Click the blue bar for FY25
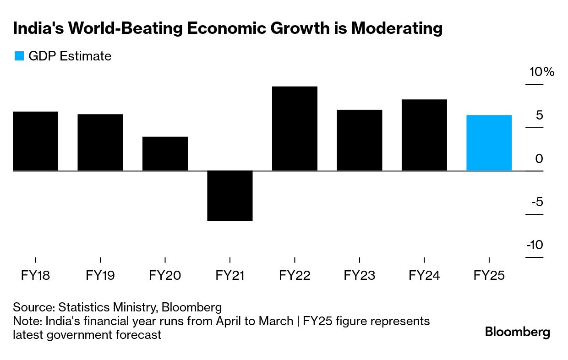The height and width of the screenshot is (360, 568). (489, 143)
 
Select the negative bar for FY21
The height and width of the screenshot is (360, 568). (230, 196)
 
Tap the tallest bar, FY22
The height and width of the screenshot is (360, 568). (295, 129)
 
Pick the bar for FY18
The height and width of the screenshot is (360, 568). (35, 141)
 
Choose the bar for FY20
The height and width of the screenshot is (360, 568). (165, 154)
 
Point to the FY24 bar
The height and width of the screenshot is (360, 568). (424, 135)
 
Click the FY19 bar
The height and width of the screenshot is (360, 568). (100, 142)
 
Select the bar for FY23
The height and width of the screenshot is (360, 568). (359, 140)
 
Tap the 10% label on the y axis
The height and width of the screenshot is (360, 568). (542, 72)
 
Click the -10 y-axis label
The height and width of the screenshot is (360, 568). (535, 245)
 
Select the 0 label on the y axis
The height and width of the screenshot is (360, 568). (539, 158)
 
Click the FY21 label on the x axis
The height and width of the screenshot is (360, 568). (230, 276)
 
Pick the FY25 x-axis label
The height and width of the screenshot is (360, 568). (489, 276)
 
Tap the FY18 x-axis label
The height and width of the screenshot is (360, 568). (35, 276)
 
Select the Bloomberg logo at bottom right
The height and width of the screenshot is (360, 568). (518, 332)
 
